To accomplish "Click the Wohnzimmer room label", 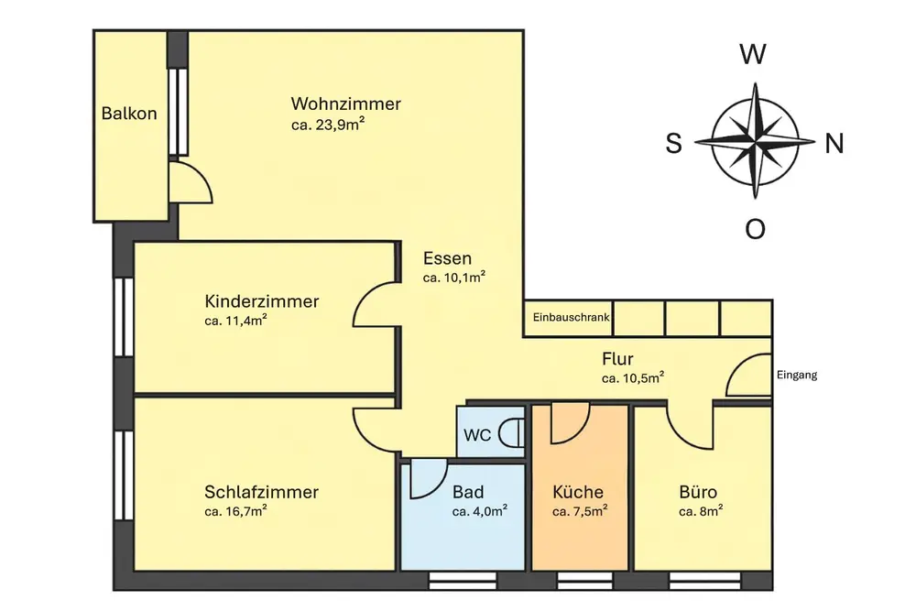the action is click(x=345, y=104).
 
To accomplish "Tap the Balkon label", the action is click(x=129, y=115).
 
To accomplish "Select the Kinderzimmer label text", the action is click(x=262, y=301).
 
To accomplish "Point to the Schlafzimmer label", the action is click(x=261, y=492).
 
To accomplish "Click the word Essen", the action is click(x=447, y=258).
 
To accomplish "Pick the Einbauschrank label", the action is click(x=570, y=319).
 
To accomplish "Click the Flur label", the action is click(x=618, y=359).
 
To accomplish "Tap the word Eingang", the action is click(x=796, y=375).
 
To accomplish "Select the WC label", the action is click(x=476, y=435).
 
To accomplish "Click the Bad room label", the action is click(x=468, y=492).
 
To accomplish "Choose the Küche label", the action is click(x=578, y=492).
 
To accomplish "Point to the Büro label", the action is click(x=698, y=492).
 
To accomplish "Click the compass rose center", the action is click(x=755, y=141).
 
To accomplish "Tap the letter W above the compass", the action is click(x=753, y=56).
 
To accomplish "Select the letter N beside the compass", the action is click(x=834, y=143).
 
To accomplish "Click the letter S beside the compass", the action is click(x=673, y=144).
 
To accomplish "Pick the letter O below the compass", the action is click(x=755, y=229).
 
